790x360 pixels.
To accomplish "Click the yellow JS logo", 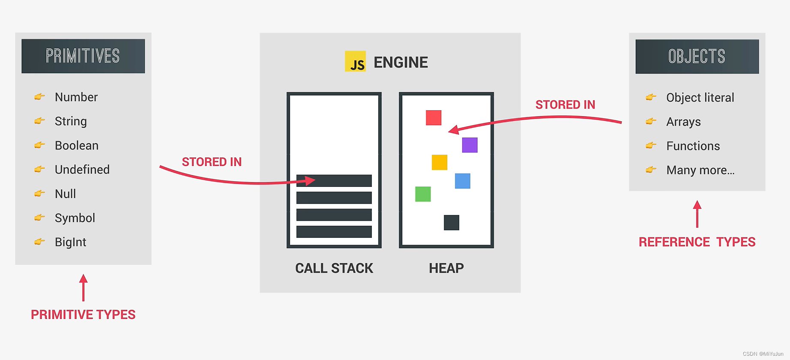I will (x=355, y=61).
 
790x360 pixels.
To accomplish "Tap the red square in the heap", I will (x=434, y=117).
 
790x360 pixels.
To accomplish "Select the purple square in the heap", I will (x=470, y=145).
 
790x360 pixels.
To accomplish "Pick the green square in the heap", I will (x=423, y=194).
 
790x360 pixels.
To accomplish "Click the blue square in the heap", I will (x=462, y=181).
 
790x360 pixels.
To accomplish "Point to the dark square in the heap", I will (x=451, y=222).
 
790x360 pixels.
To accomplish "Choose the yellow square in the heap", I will (x=439, y=162).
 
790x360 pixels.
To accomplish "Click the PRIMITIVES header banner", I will (x=83, y=56).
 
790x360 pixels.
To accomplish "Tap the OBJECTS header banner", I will (x=697, y=57).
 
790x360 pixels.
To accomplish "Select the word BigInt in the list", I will (x=71, y=242).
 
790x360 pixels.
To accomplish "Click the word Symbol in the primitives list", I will (x=75, y=218).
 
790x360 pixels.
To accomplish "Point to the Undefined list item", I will (x=82, y=170).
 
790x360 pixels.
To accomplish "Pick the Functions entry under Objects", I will (x=693, y=146).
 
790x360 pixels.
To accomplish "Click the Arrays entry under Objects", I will (x=683, y=122).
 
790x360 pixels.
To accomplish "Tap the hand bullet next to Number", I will (x=39, y=97).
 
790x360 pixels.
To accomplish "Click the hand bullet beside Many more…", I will (x=651, y=170).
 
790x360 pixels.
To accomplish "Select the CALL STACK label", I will (x=334, y=268).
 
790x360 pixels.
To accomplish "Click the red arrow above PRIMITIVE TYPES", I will (x=84, y=288).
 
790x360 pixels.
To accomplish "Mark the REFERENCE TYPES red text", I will (x=697, y=242).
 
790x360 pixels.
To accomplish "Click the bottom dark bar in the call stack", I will (x=334, y=232).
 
